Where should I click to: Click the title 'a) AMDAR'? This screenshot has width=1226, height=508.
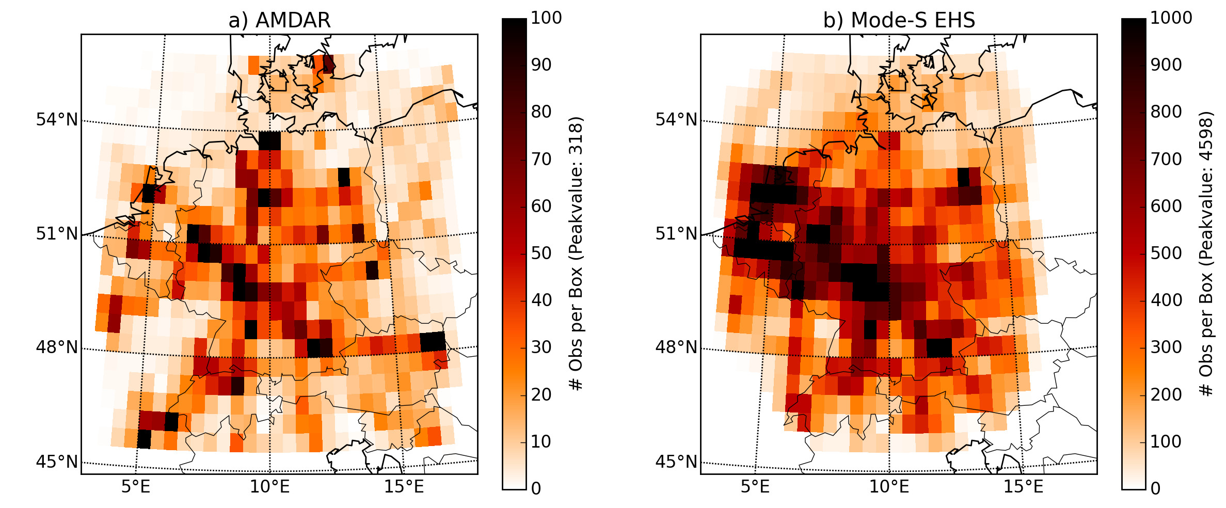click(279, 20)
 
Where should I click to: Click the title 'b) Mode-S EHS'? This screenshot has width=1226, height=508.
click(899, 20)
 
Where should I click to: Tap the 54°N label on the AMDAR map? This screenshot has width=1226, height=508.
click(57, 120)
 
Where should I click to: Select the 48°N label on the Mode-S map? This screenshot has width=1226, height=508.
click(676, 347)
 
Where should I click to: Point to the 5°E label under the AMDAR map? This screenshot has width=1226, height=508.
click(136, 486)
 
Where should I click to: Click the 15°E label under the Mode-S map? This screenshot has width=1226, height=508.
click(1024, 486)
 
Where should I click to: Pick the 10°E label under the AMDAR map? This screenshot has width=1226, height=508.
click(270, 486)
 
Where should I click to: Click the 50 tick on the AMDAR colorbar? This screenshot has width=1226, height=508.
click(542, 253)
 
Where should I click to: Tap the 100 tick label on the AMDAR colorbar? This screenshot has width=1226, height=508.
click(546, 18)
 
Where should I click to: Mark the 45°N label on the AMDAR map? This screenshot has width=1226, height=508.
click(57, 462)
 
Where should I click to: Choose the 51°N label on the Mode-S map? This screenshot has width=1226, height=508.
click(676, 234)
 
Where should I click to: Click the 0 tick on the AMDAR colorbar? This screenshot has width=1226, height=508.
click(536, 488)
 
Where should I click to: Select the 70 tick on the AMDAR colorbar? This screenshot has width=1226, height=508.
click(542, 159)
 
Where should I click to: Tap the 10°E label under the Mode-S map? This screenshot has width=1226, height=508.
click(889, 486)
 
